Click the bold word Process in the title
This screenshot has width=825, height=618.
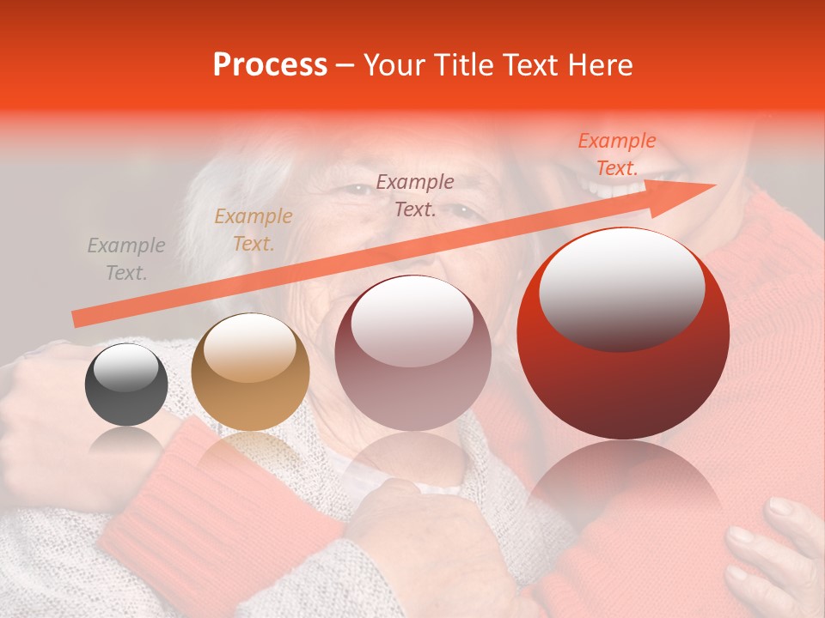(x=270, y=65)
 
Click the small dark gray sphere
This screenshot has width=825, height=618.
(x=126, y=385)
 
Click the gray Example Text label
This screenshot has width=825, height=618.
(x=126, y=259)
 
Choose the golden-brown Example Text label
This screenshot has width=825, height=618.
(x=254, y=230)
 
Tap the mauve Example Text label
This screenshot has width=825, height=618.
(x=415, y=195)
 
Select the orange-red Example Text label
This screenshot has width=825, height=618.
(x=616, y=154)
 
